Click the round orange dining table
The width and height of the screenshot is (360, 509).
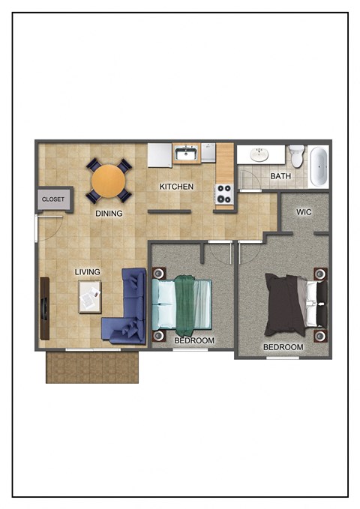[109, 181]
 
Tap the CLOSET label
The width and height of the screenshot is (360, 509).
[53, 199]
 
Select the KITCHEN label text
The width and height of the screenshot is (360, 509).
[177, 187]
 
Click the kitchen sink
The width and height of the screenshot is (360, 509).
[186, 154]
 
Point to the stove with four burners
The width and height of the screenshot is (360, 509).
[224, 195]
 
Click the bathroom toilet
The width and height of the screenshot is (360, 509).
[297, 157]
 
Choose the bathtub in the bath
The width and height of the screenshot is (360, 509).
[319, 166]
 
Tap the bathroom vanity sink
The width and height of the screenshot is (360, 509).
[259, 154]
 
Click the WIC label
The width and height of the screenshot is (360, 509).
[304, 212]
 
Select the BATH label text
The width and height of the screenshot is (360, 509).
[280, 177]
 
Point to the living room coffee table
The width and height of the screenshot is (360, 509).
[90, 297]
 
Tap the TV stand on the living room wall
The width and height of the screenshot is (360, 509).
[45, 307]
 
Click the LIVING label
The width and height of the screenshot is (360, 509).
[88, 271]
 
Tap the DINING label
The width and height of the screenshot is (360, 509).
[109, 214]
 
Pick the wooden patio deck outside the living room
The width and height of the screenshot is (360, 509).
[92, 367]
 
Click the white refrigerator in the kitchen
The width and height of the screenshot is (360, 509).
[159, 155]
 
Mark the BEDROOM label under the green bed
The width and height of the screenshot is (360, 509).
[194, 341]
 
